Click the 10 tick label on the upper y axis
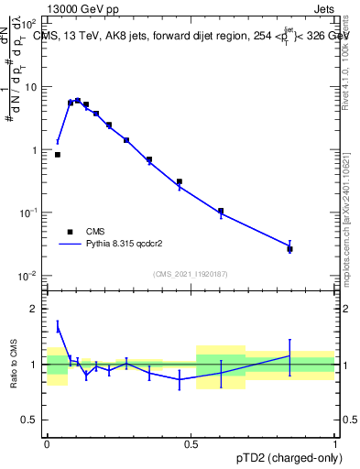coord(31,87)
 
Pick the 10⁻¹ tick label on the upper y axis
coord(30,213)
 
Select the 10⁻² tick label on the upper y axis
coord(30,276)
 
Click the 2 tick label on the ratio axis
coord(36,309)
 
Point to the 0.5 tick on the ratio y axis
coord(30,420)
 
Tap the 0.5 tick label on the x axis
coord(191,442)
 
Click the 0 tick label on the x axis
coord(47,442)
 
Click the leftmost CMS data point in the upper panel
coord(58,155)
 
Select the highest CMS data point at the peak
coord(78,101)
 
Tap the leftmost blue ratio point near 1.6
coord(58,327)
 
